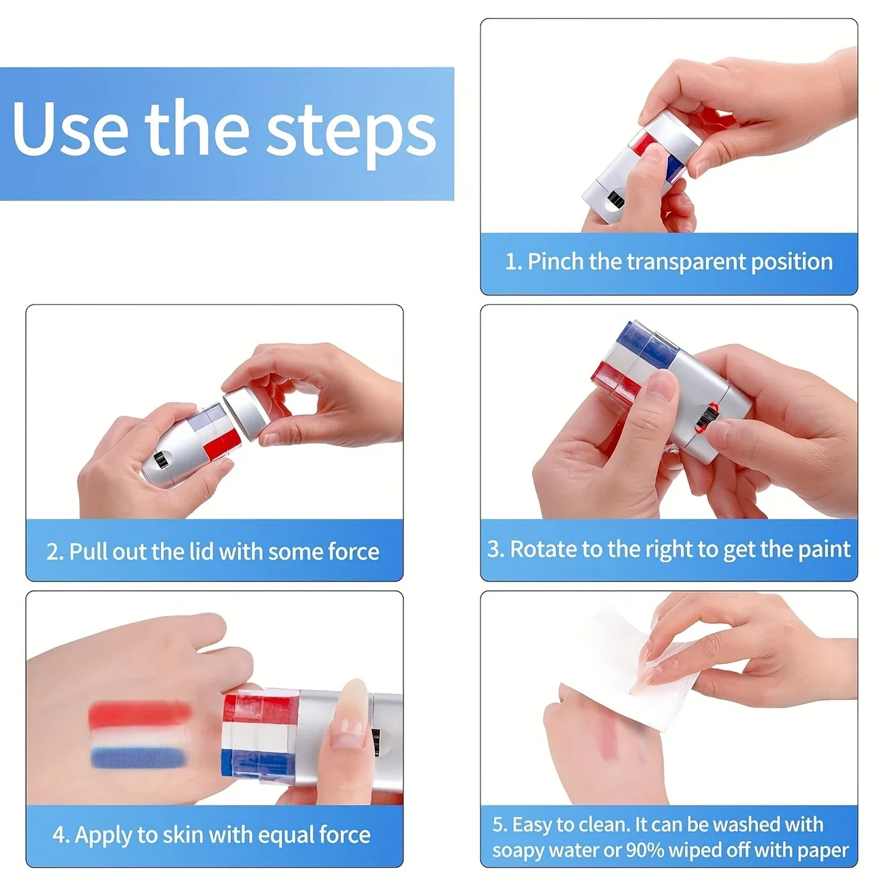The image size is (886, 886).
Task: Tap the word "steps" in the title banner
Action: click(x=351, y=134)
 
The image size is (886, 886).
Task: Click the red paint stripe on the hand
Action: click(x=140, y=712)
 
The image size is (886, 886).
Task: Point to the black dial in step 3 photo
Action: click(x=706, y=417)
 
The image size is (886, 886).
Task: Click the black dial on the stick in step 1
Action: click(x=616, y=200)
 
